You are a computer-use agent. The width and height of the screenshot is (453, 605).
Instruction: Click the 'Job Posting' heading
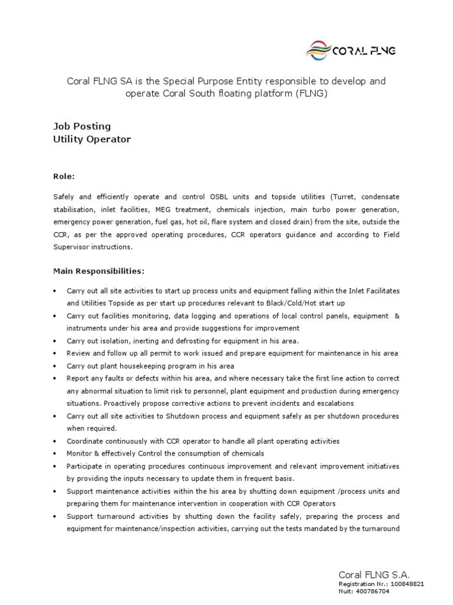click(82, 126)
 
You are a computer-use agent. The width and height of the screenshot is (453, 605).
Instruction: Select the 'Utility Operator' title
click(92, 139)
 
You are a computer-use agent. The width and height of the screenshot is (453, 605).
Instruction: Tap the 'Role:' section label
click(64, 176)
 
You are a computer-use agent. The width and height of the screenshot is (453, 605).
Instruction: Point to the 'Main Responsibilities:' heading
click(99, 271)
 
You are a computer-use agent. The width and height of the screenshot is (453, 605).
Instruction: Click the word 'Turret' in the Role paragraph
click(344, 196)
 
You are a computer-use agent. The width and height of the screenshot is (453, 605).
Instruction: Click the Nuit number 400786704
click(372, 591)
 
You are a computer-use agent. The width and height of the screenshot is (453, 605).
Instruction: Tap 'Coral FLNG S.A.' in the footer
click(374, 574)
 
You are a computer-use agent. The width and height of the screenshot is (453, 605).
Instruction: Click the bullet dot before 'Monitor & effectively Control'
click(55, 453)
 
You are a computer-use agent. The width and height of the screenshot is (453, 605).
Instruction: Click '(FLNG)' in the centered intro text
click(311, 94)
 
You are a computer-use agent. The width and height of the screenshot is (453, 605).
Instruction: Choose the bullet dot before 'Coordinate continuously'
click(55, 441)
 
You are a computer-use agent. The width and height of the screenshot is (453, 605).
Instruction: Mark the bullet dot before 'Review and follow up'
click(55, 353)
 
